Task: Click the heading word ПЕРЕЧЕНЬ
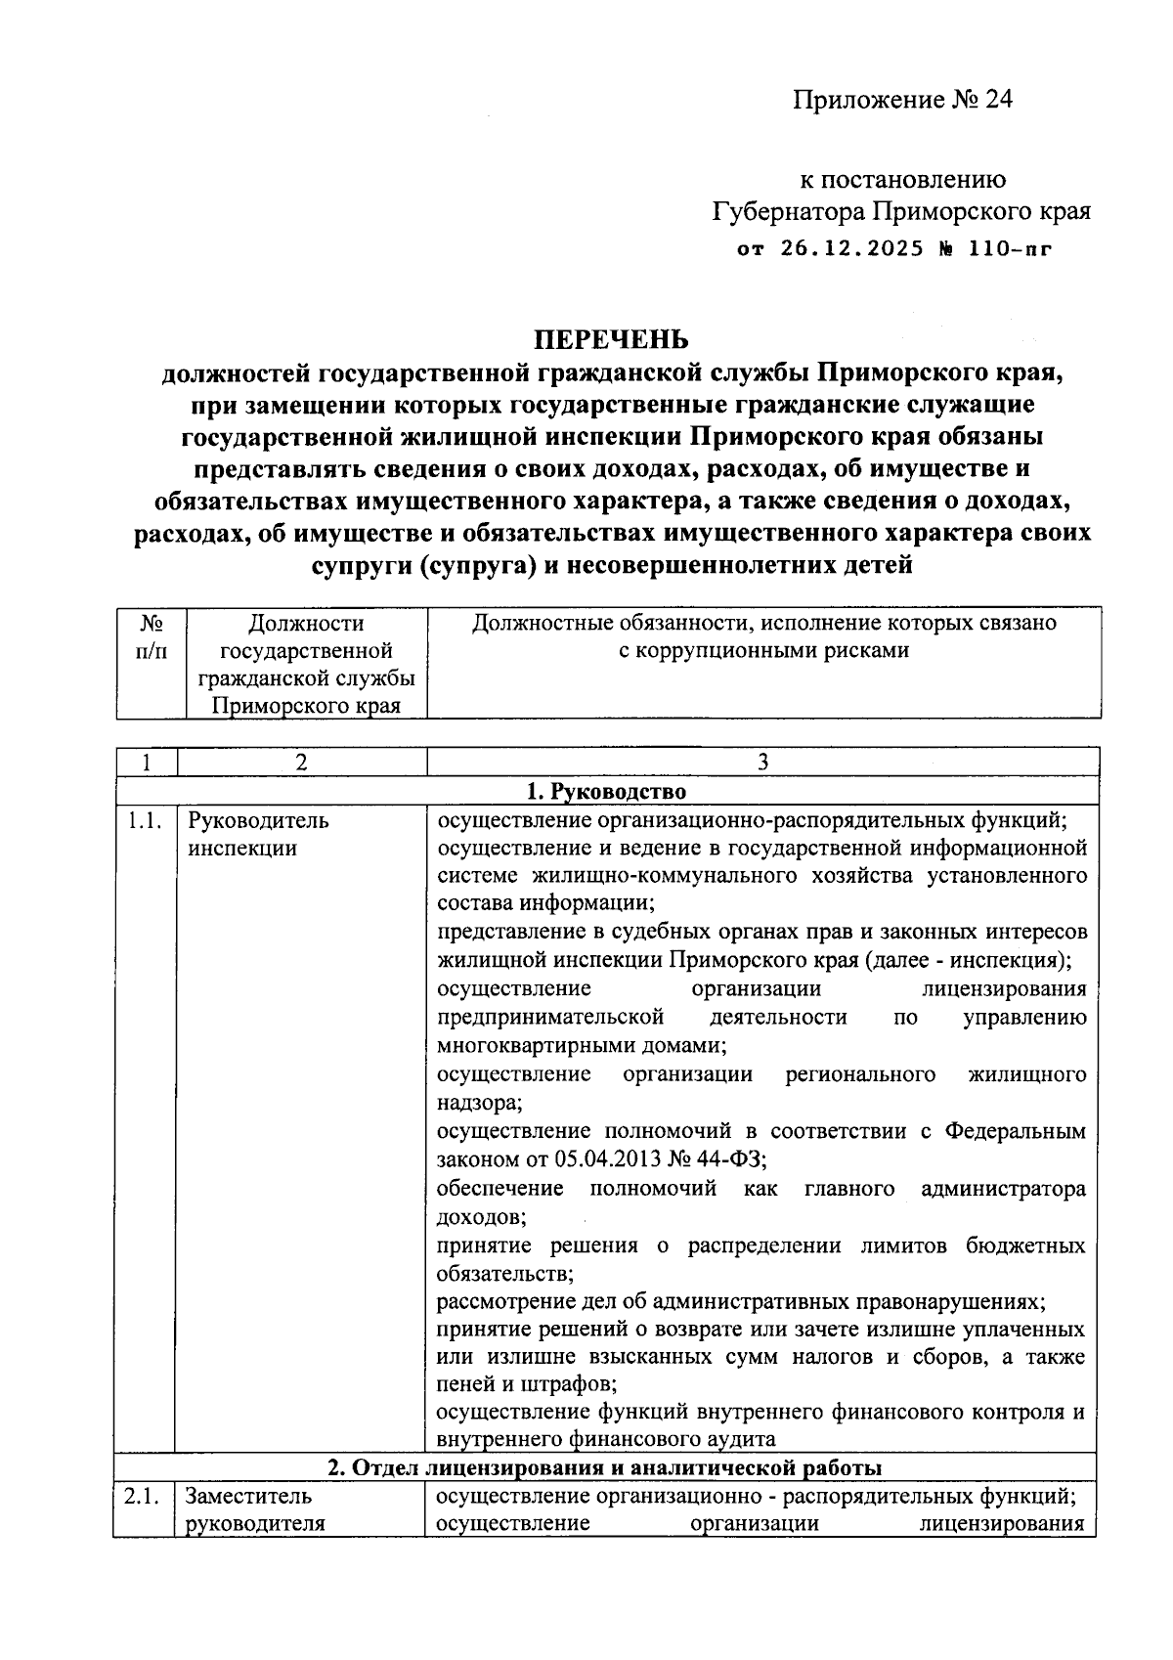tap(610, 339)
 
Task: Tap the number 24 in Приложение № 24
tap(998, 100)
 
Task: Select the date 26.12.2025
tap(850, 248)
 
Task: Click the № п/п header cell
tap(151, 636)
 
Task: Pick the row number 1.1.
tap(144, 820)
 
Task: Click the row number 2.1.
tap(143, 1496)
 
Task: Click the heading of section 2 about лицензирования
tap(604, 1467)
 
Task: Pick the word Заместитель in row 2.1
tap(249, 1496)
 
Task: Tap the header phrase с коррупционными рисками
tap(763, 650)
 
